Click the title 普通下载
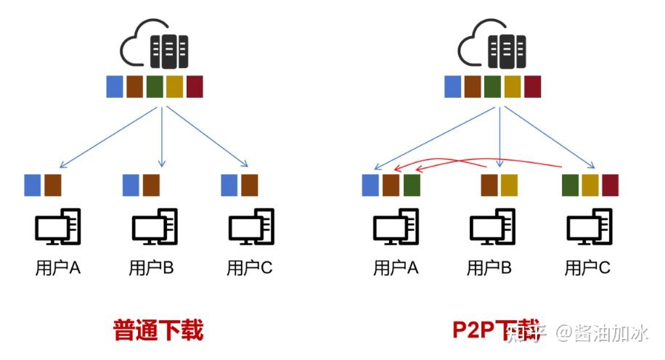pos(158,330)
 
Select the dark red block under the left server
pos(195,86)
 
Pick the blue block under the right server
pos(453,86)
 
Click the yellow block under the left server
pos(174,86)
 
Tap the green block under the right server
pos(493,86)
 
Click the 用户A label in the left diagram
pos(58,268)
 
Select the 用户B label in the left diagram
pos(151,268)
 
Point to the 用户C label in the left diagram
pos(249,268)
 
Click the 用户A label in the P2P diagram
pos(396,268)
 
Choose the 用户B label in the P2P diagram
pos(489,268)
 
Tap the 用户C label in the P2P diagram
pos(587,268)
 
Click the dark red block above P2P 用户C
pos(610,185)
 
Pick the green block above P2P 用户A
pos(412,185)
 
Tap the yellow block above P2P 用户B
pos(509,185)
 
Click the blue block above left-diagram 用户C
pos(229,185)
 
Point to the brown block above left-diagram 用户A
pos(52,185)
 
